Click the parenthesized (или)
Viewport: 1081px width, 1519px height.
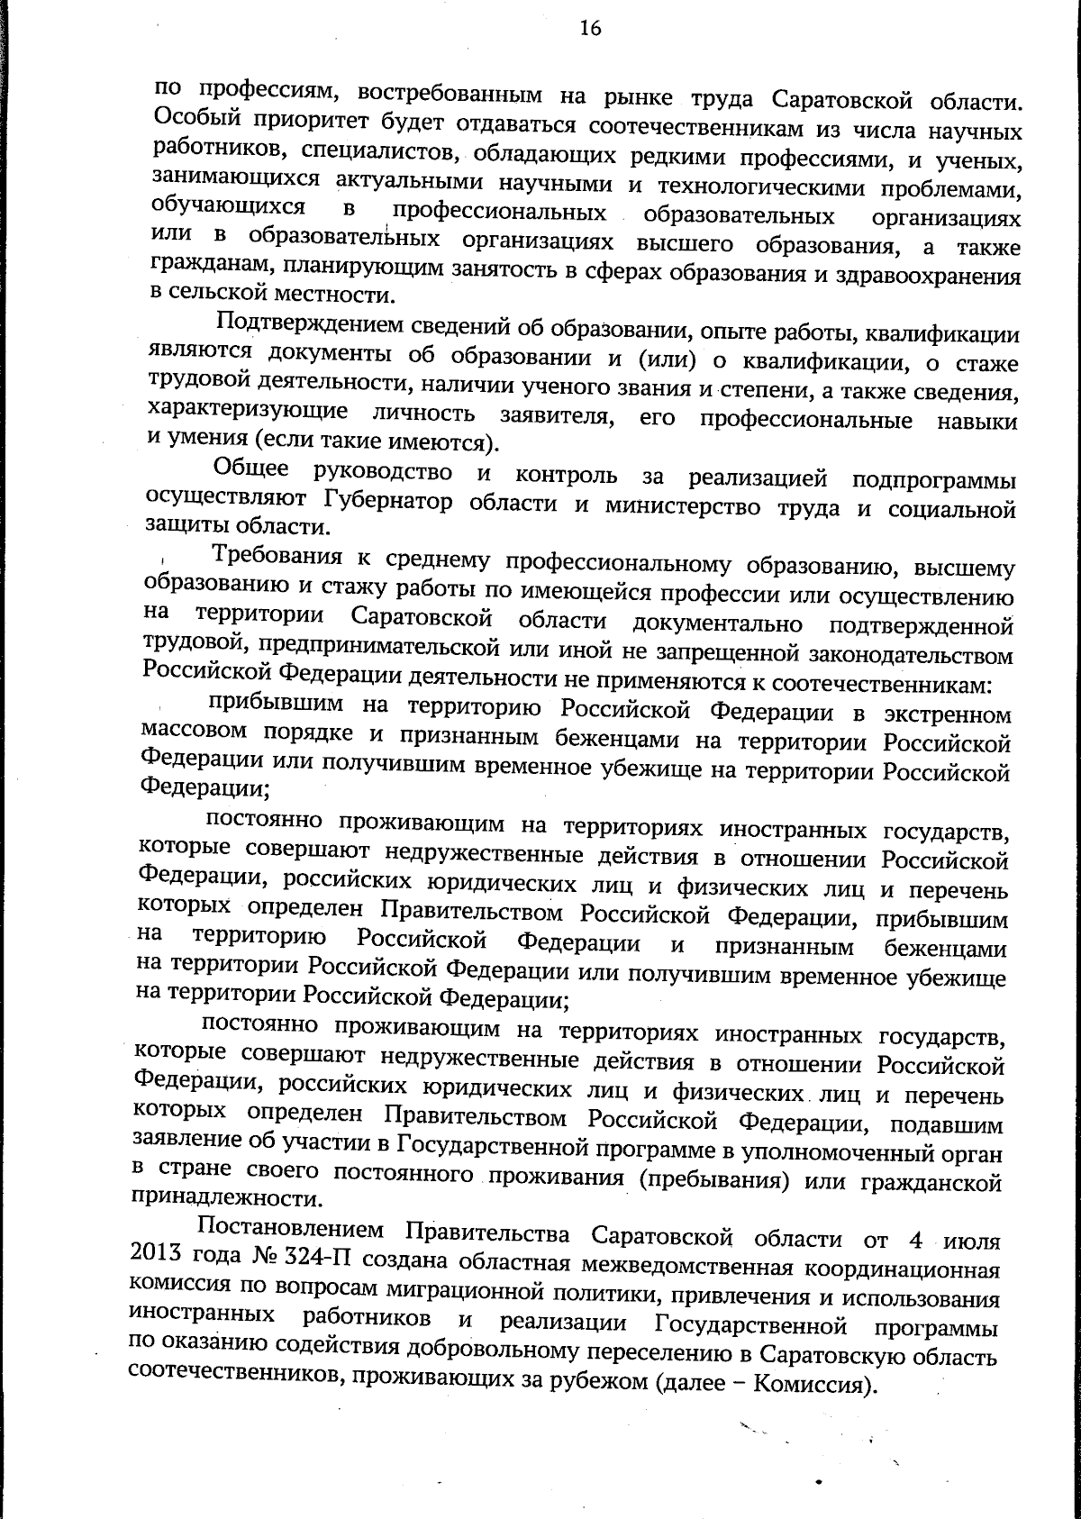tap(663, 360)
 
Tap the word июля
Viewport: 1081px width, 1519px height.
tap(970, 1241)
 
